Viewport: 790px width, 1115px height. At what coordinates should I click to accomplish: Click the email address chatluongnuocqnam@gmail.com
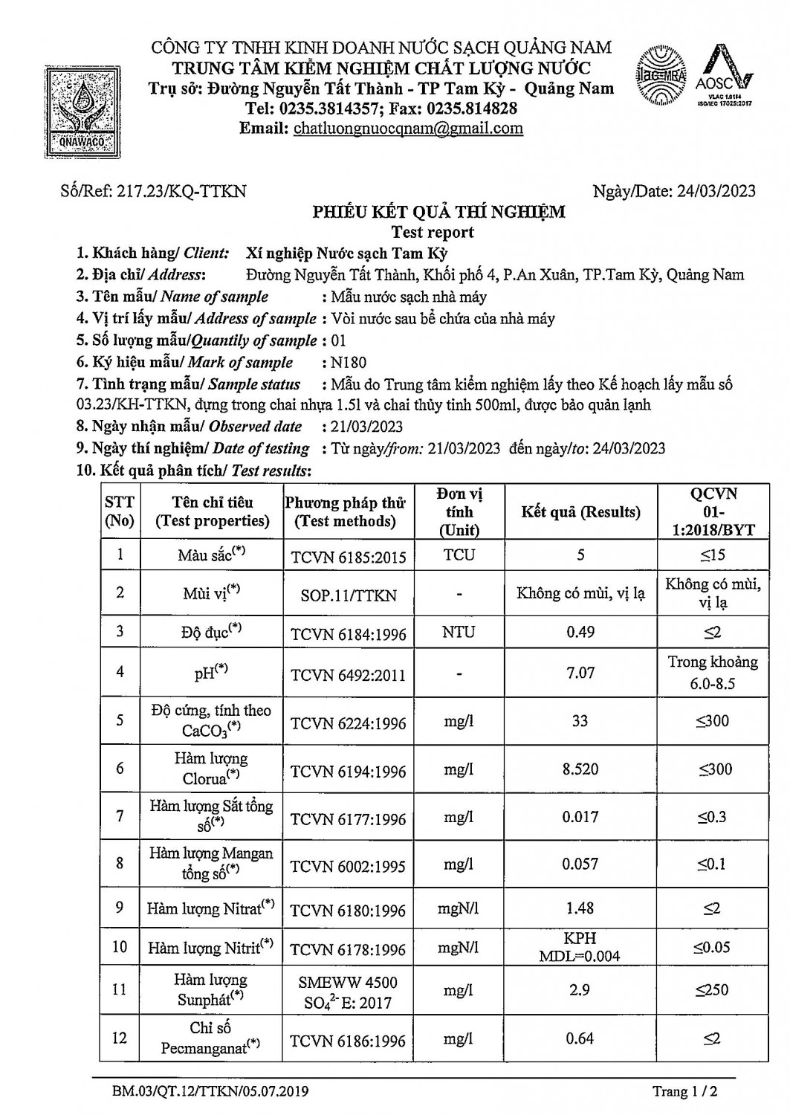tap(408, 128)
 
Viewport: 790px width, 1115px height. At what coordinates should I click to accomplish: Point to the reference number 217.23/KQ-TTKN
tap(153, 191)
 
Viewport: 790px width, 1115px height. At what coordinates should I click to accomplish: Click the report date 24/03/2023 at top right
tap(674, 191)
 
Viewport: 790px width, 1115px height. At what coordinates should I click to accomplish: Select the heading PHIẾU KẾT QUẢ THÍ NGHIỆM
tap(438, 212)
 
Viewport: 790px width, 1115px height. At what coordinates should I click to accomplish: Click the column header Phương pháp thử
tap(345, 511)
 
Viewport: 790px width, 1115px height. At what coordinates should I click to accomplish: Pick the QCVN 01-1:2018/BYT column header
tap(713, 511)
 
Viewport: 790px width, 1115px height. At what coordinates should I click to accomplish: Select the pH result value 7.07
tap(580, 673)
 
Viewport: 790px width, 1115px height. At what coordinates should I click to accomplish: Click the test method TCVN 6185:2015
tap(348, 556)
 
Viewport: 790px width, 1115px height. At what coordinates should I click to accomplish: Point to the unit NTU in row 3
tap(459, 633)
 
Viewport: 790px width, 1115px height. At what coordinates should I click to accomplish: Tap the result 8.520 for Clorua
tap(580, 769)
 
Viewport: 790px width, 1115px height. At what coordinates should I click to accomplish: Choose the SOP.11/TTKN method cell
tap(348, 595)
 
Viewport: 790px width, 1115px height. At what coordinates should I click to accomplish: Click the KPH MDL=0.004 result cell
tap(580, 947)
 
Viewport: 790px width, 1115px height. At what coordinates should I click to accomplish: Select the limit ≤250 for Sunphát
tap(712, 990)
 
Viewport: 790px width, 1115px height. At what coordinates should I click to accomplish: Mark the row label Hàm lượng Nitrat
tap(210, 908)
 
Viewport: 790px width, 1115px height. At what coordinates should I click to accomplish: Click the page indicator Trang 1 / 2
tap(684, 1091)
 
